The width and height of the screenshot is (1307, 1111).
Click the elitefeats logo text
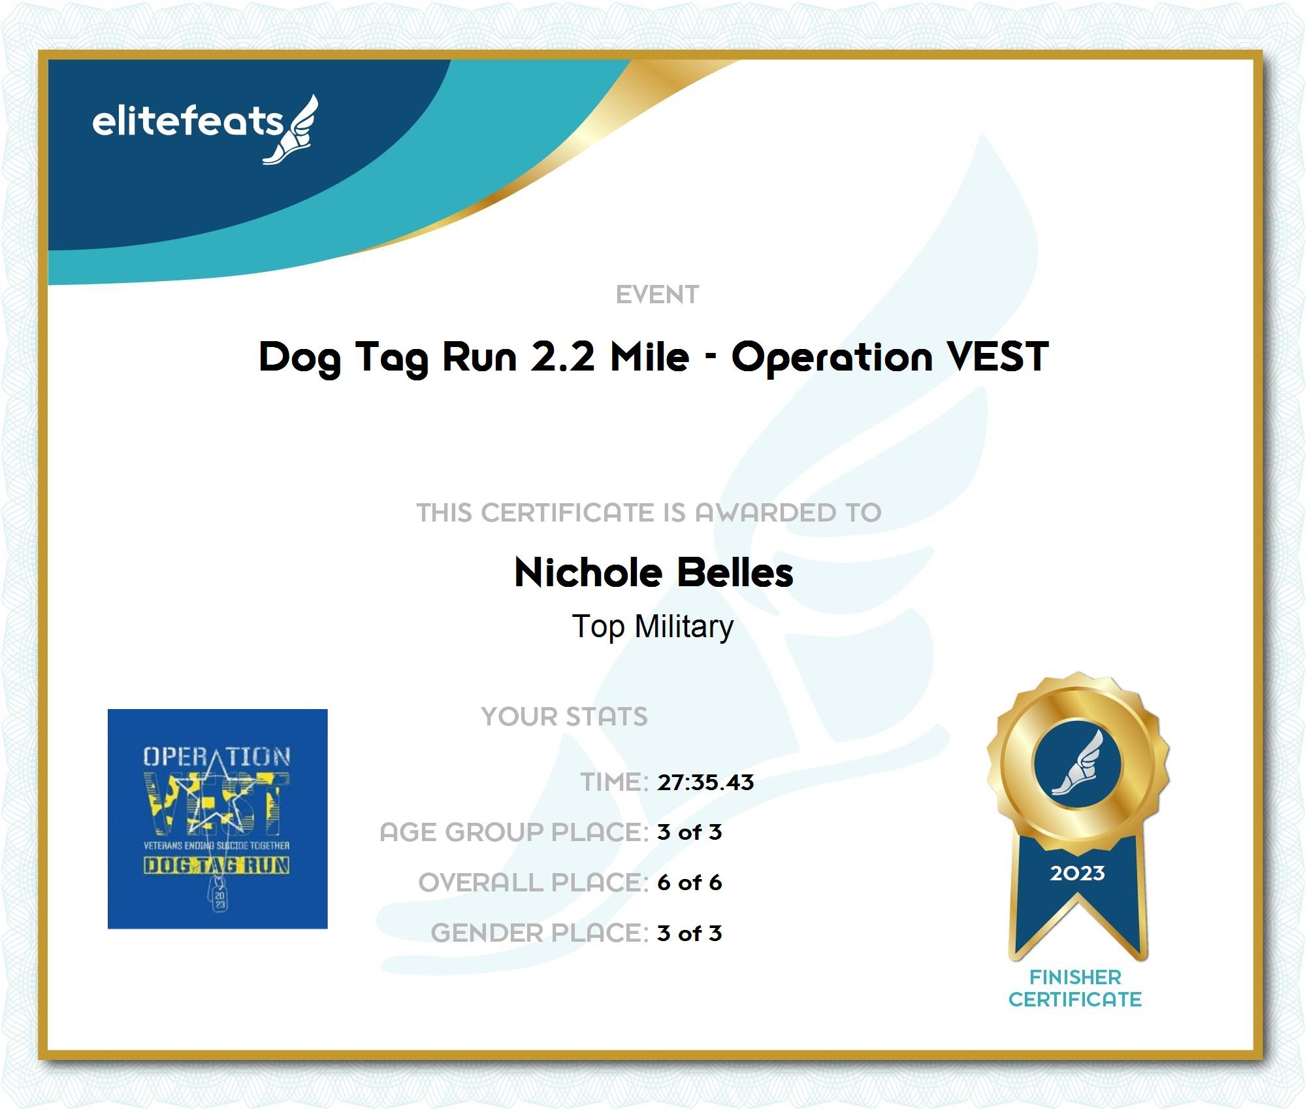click(x=188, y=122)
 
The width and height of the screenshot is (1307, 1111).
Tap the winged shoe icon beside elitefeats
click(x=291, y=129)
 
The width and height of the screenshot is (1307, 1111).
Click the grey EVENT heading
click(x=657, y=295)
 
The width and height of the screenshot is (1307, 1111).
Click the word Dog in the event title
click(x=300, y=358)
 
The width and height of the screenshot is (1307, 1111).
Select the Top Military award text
click(x=653, y=627)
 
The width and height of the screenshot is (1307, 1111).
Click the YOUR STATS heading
click(x=564, y=716)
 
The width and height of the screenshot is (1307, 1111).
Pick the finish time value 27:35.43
click(x=705, y=782)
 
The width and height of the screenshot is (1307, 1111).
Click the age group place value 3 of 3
click(x=689, y=832)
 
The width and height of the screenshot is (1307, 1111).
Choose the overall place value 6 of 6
click(x=689, y=882)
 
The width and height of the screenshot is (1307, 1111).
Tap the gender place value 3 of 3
click(x=689, y=933)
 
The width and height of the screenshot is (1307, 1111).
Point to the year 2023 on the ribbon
click(x=1077, y=873)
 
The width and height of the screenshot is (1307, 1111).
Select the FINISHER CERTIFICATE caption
click(x=1075, y=988)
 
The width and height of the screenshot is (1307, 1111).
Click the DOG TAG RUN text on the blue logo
click(x=217, y=865)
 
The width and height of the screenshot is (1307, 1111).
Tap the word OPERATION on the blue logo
click(x=217, y=757)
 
